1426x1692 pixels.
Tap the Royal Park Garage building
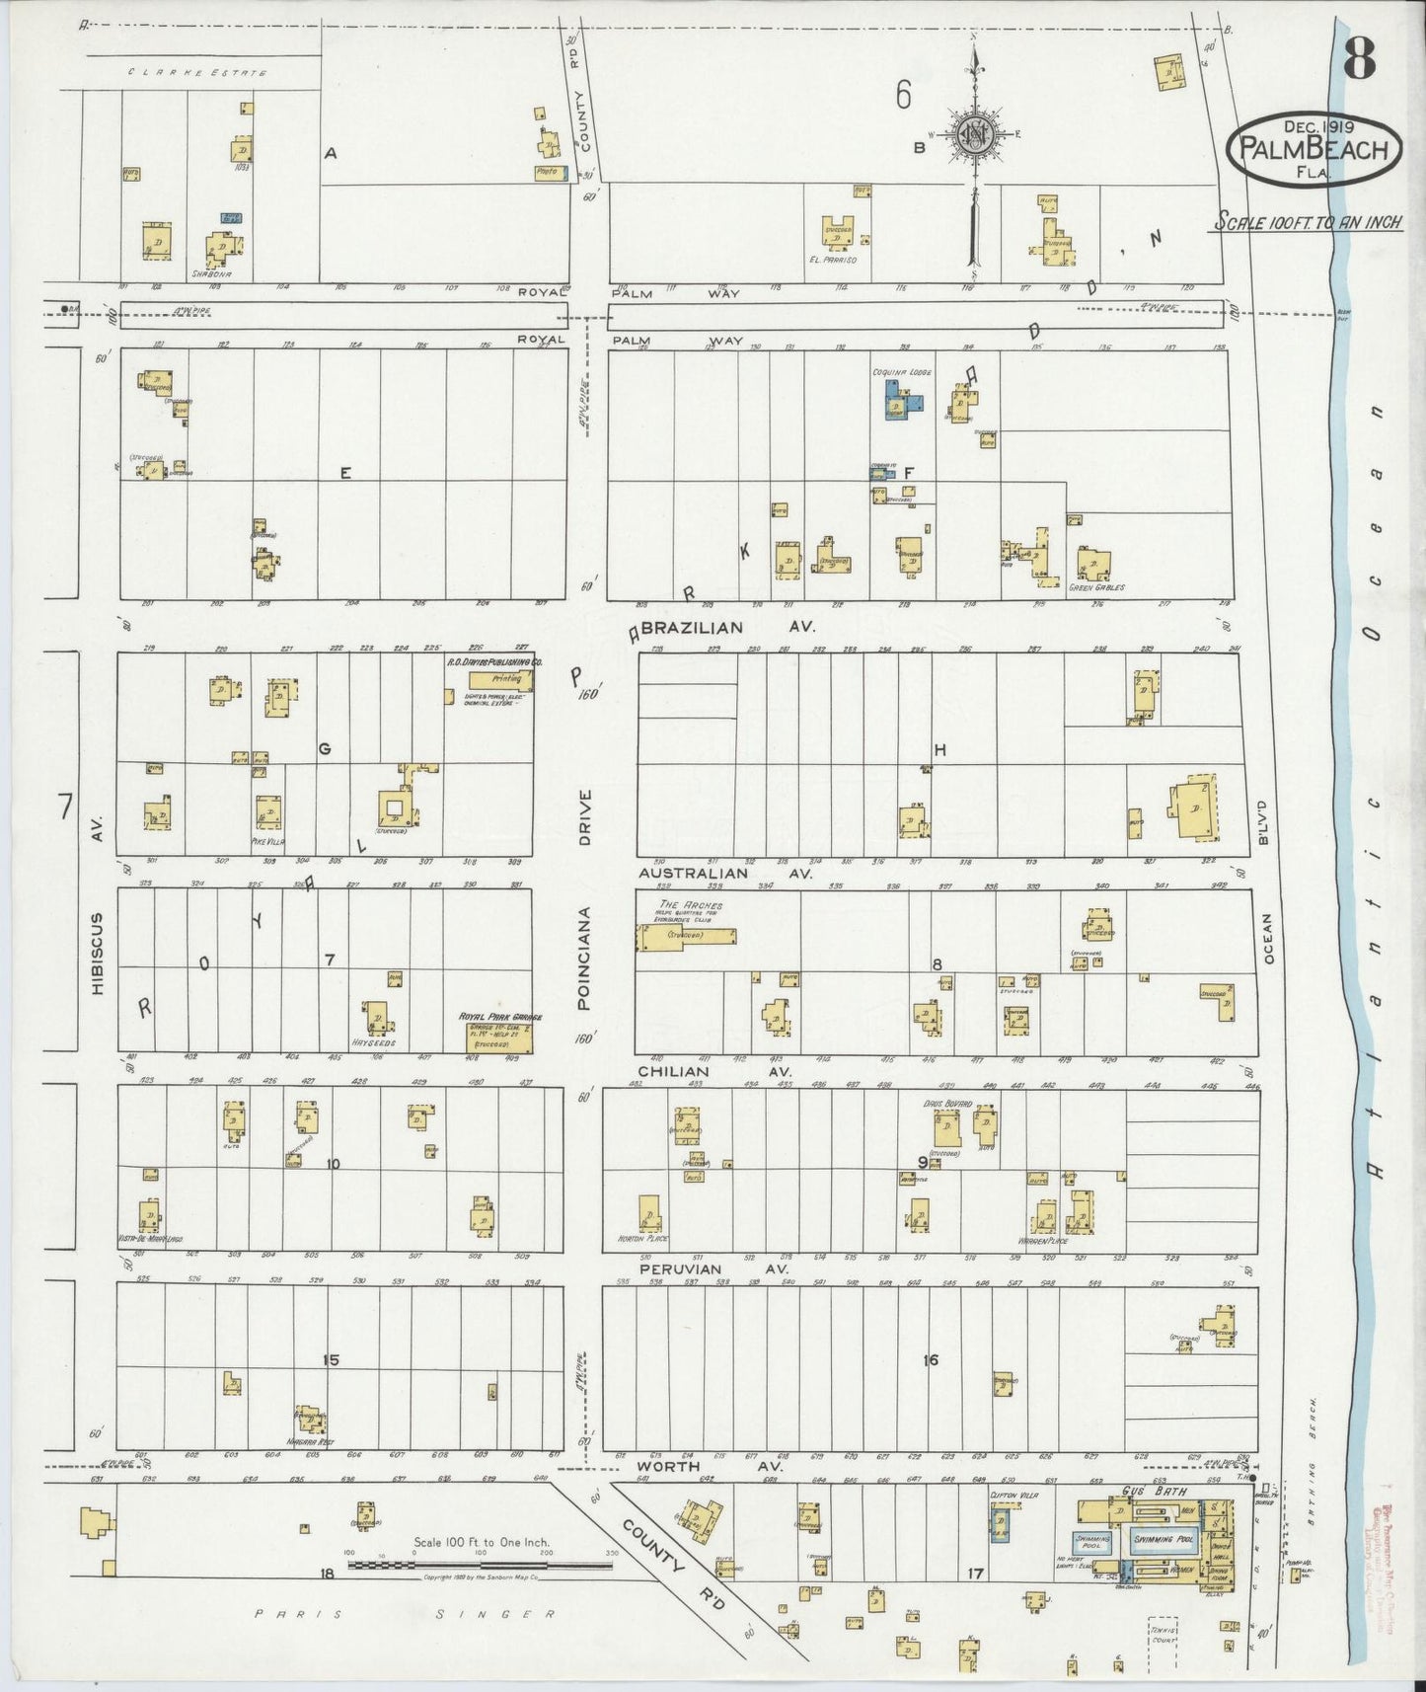click(x=500, y=1037)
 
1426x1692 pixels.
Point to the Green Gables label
click(x=1095, y=587)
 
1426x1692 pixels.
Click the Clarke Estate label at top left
click(x=198, y=72)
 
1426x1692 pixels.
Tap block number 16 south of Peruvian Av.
click(x=930, y=1360)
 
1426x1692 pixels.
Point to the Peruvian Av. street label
click(x=707, y=1269)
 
